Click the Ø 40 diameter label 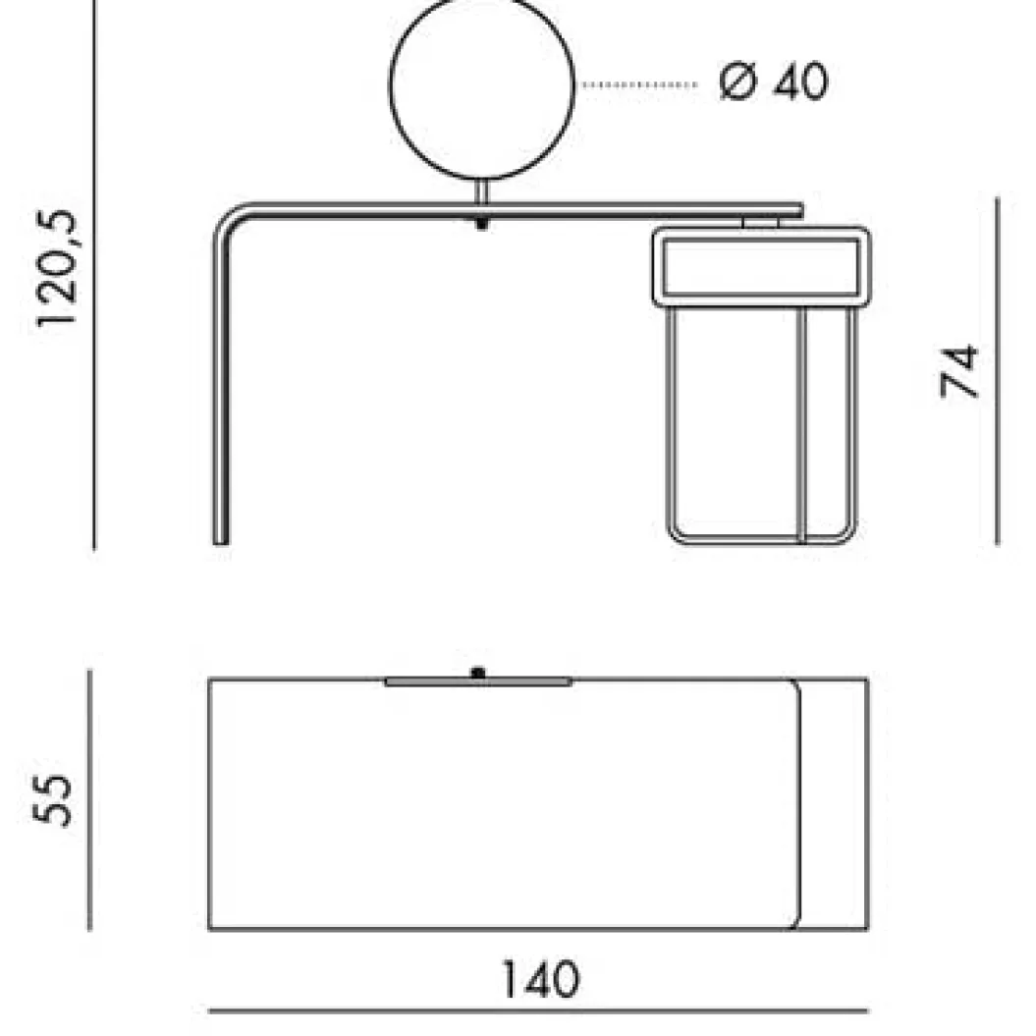point(773,82)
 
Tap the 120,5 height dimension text point(57,267)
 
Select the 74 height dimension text point(959,370)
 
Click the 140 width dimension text point(541,979)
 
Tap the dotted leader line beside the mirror point(639,84)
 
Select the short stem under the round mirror point(482,191)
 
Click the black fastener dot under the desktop point(481,224)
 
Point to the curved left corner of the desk point(227,219)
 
